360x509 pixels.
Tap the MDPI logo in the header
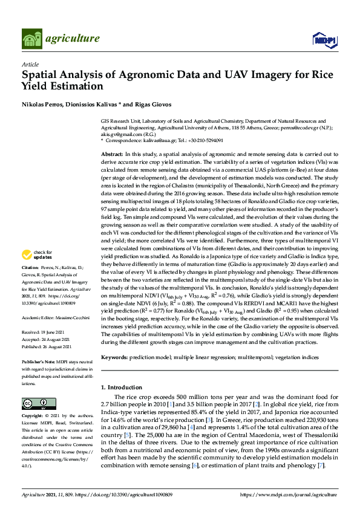(324, 39)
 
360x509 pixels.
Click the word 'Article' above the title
(30, 65)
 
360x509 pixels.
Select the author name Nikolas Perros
(44, 105)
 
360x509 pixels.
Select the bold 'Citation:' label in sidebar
(30, 284)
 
